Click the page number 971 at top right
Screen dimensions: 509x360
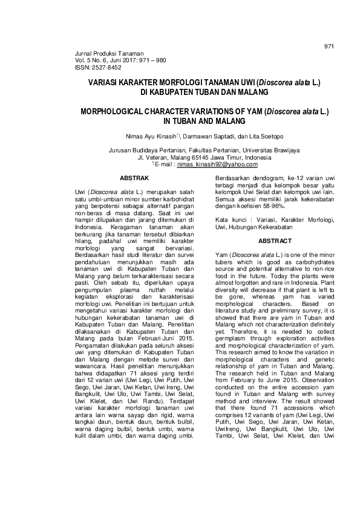[329, 46]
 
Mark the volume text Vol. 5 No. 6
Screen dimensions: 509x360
[92, 60]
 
